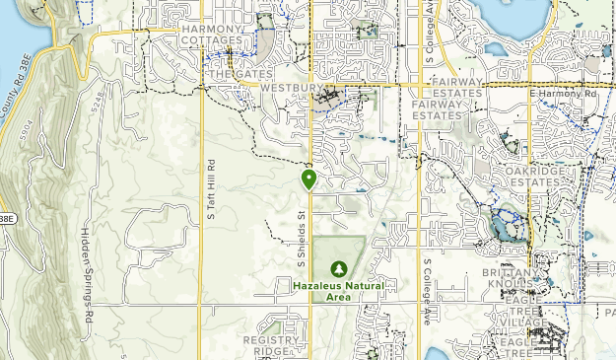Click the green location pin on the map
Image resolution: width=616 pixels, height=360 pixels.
309,179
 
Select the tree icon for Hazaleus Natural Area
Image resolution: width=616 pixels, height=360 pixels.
339,268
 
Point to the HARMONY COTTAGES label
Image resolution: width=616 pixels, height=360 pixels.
212,36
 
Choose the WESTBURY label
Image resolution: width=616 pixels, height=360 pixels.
293,87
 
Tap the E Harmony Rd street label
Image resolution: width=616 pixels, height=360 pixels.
564,94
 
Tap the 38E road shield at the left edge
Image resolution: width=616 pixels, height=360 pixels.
6,218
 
